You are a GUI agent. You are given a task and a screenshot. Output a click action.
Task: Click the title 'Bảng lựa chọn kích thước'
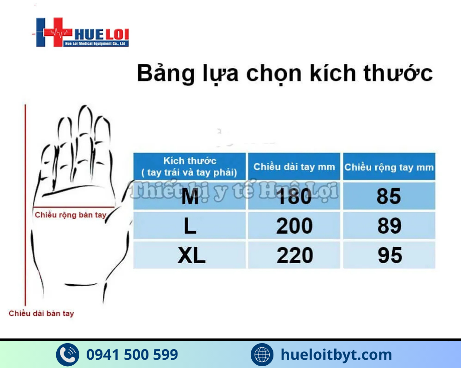click(284, 74)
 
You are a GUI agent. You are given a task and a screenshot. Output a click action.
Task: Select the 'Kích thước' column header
click(189, 167)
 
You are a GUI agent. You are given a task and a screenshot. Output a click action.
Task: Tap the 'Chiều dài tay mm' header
click(294, 167)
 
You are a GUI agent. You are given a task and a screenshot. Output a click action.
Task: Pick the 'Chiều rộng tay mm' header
click(389, 167)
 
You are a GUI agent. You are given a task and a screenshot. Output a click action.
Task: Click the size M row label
click(190, 197)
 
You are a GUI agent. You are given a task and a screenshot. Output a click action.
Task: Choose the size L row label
click(190, 226)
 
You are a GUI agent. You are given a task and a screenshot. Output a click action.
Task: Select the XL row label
click(191, 256)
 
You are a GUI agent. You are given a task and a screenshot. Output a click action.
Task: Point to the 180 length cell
click(294, 197)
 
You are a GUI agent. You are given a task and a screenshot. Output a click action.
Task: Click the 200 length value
click(294, 226)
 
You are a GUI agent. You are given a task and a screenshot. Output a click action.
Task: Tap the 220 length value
click(295, 256)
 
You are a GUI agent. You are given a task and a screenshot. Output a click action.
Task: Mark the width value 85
click(389, 197)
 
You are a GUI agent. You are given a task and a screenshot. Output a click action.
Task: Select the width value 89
click(389, 226)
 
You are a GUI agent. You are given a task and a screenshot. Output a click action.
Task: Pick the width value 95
click(390, 256)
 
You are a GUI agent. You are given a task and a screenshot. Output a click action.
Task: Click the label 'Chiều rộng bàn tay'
click(71, 215)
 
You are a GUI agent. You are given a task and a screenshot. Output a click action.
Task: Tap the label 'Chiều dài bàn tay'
click(41, 314)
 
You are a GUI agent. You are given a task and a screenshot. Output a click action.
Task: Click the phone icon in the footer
click(67, 355)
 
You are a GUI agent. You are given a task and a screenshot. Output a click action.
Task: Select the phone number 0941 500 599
click(132, 355)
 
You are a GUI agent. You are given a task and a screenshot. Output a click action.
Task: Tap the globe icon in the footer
click(262, 355)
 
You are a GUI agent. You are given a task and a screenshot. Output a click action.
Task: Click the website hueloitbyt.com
click(337, 355)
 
